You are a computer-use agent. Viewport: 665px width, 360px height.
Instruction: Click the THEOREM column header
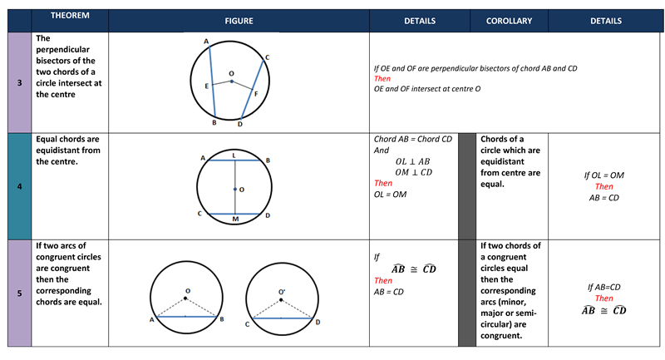(70, 17)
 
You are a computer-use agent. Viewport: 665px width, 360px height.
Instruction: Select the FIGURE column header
(239, 20)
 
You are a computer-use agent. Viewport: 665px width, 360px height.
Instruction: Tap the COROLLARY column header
(509, 20)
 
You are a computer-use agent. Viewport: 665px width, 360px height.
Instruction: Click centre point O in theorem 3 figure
(232, 81)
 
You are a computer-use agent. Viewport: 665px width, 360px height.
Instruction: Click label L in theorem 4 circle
(234, 154)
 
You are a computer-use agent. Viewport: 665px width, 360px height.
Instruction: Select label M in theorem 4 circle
(234, 220)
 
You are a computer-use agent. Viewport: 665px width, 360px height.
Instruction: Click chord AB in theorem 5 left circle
(187, 318)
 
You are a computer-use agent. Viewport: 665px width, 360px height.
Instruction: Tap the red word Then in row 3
(382, 78)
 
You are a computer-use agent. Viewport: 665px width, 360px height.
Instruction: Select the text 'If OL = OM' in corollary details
(604, 175)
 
